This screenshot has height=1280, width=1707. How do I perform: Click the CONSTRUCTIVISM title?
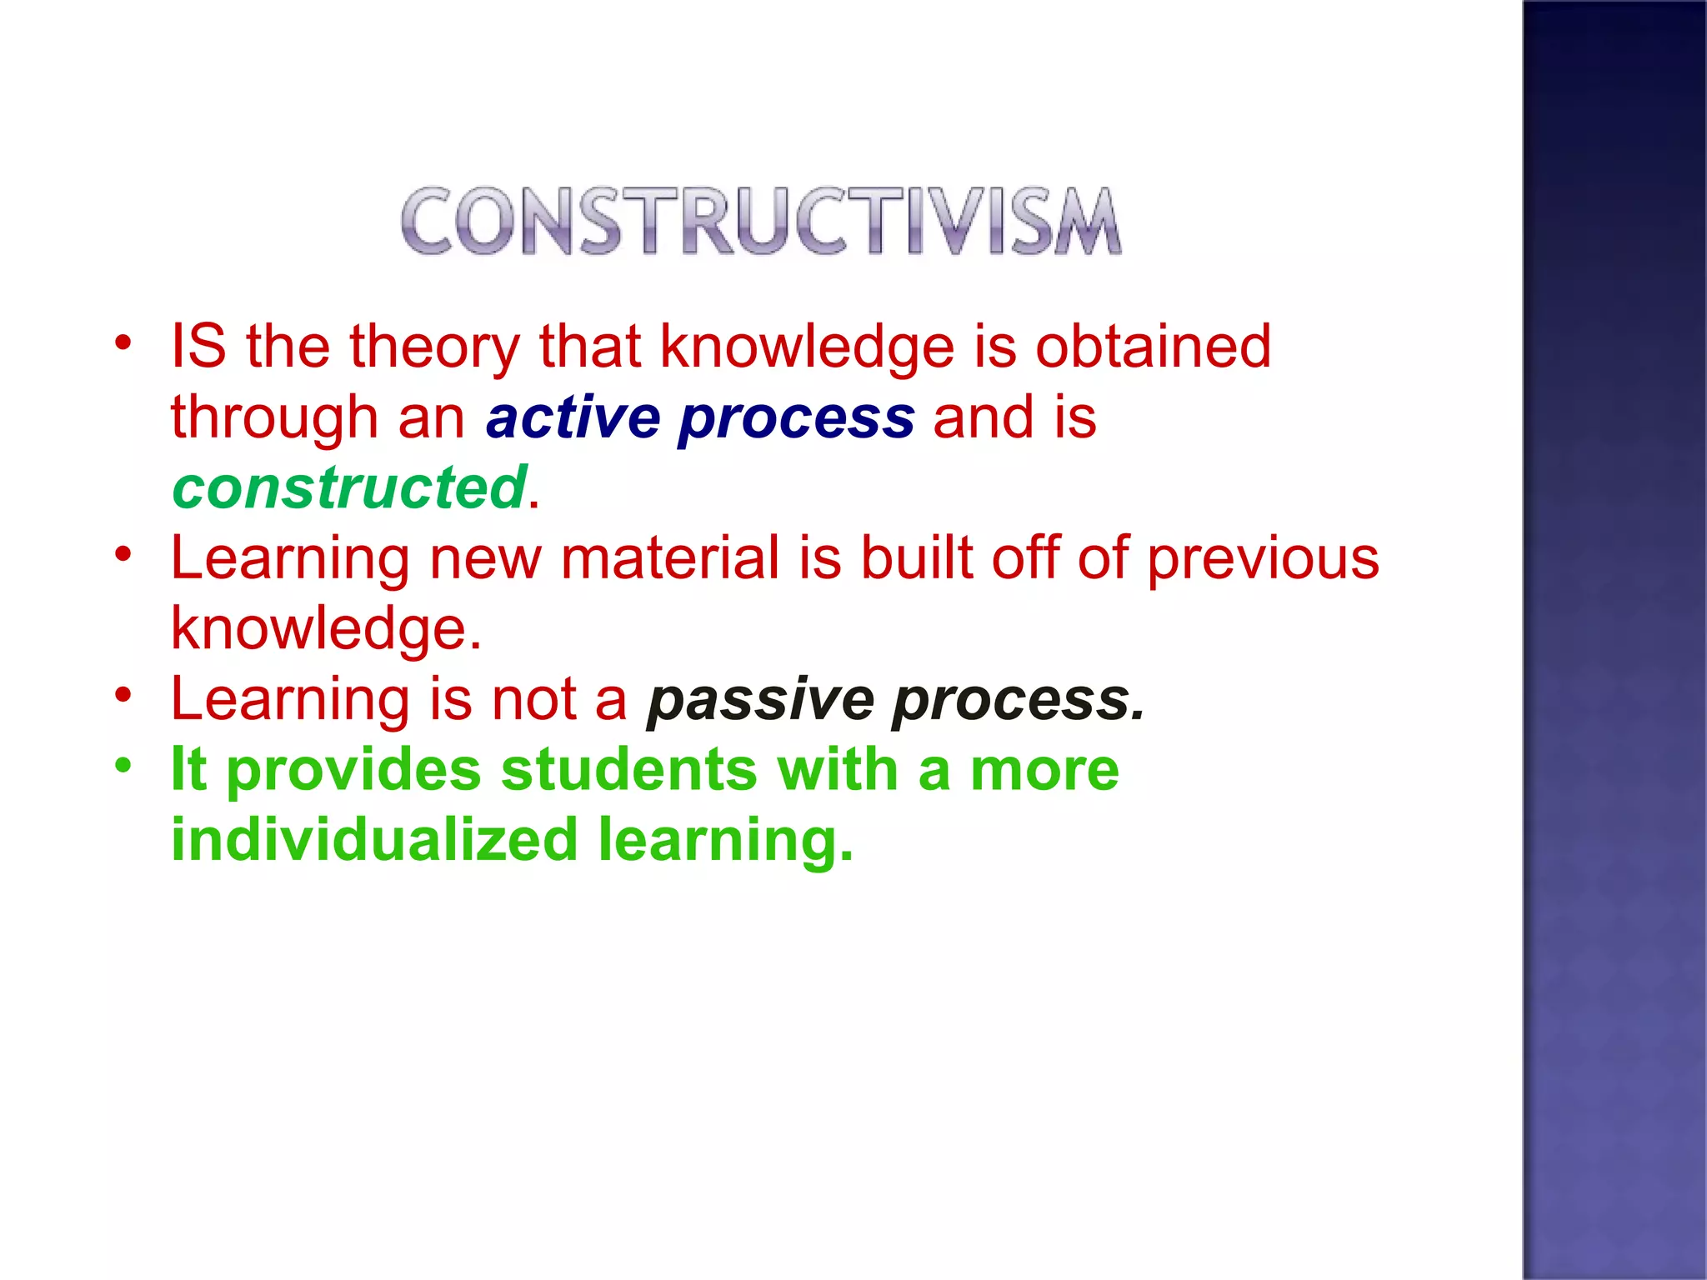click(x=761, y=221)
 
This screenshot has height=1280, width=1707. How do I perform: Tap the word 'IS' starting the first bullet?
click(x=198, y=346)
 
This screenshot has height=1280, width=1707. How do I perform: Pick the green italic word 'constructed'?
click(x=349, y=487)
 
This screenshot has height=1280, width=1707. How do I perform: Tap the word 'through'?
click(x=274, y=419)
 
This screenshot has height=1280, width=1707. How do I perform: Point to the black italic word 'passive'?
click(x=760, y=701)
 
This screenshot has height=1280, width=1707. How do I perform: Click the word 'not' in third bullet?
click(x=533, y=699)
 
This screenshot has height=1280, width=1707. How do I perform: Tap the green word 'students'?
click(x=628, y=769)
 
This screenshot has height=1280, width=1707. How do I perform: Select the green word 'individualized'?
click(x=374, y=839)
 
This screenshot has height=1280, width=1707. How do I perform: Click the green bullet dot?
click(x=123, y=764)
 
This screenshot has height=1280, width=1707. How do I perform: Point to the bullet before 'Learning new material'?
click(x=123, y=553)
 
